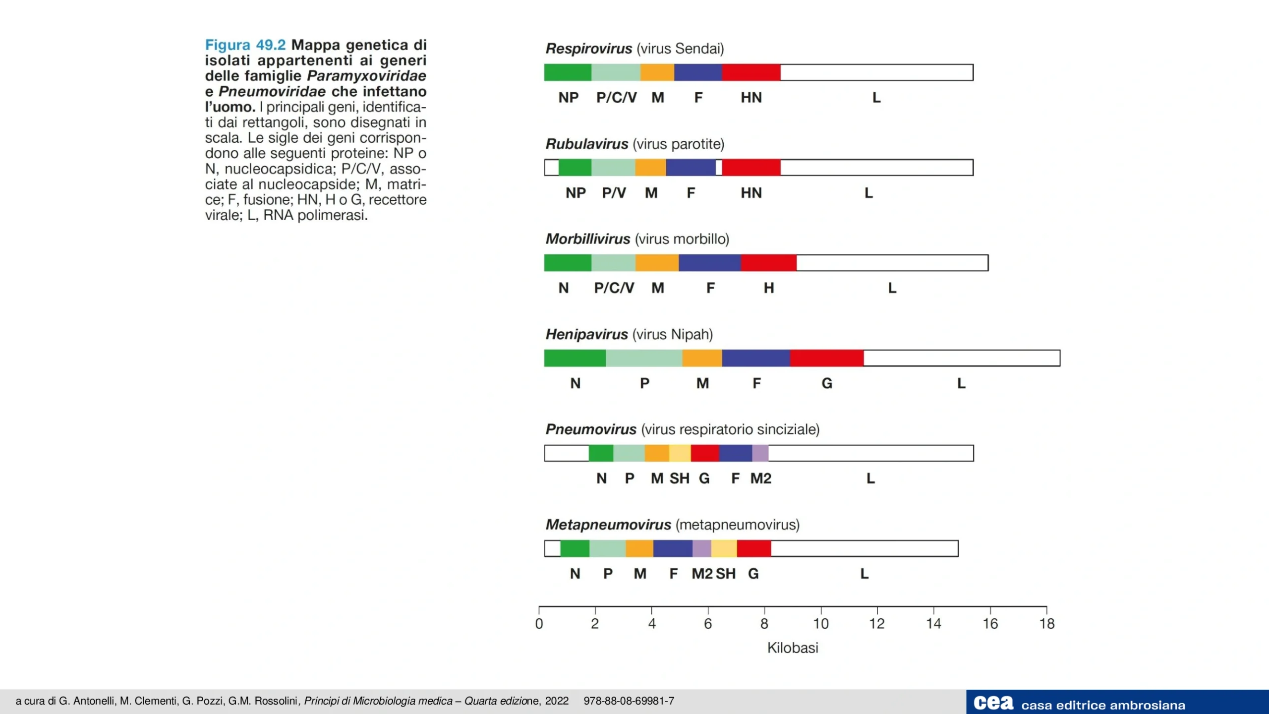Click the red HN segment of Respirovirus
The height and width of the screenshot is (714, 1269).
(x=751, y=72)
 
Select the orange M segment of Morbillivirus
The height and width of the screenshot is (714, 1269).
(x=657, y=263)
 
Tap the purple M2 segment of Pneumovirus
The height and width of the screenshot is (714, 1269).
(x=760, y=453)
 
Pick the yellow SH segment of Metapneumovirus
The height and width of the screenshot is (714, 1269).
(x=724, y=548)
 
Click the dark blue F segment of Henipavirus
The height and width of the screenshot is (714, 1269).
(x=756, y=358)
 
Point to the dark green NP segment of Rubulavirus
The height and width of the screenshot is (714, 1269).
(x=575, y=168)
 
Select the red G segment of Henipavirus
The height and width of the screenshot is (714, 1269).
(x=826, y=358)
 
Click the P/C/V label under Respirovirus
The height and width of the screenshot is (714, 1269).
(x=616, y=98)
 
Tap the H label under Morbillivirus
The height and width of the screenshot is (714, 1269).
(x=768, y=288)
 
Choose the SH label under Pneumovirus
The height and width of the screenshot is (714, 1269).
(x=679, y=478)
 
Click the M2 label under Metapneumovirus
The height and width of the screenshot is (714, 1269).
(x=702, y=574)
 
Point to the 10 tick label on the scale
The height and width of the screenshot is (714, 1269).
(x=821, y=624)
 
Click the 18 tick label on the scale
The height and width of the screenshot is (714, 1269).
(x=1047, y=624)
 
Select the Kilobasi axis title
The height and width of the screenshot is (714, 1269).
(x=793, y=648)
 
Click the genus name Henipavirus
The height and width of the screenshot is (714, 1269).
(x=586, y=335)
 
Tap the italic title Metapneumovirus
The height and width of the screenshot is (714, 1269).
(x=608, y=525)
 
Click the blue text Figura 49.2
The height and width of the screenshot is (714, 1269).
(x=245, y=45)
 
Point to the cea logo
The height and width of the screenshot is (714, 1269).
(x=993, y=703)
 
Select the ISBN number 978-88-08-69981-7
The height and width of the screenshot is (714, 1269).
(x=629, y=701)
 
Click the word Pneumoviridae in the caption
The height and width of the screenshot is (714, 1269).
(x=272, y=92)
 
